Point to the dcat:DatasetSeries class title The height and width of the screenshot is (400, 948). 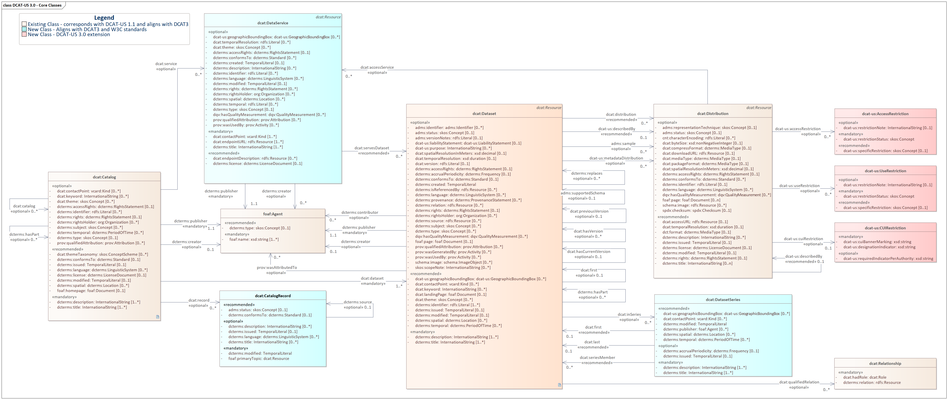(x=723, y=300)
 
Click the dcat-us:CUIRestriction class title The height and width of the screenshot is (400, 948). (x=885, y=228)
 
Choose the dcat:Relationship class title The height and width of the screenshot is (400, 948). (x=885, y=364)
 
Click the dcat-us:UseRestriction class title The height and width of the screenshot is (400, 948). (x=885, y=171)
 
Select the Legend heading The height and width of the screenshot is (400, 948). (x=104, y=18)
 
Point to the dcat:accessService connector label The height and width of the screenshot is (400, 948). (x=377, y=67)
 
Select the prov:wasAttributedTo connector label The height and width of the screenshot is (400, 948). (x=277, y=268)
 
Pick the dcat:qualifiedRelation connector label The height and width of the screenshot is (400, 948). (x=799, y=382)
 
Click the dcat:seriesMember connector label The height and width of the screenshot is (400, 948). (x=597, y=357)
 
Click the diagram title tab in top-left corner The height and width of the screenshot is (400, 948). (x=32, y=5)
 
